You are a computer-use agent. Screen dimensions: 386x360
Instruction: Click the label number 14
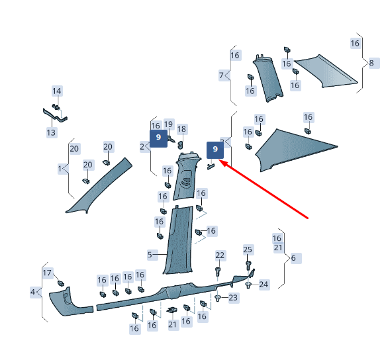pos(57,91)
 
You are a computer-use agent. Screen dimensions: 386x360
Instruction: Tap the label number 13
pos(52,132)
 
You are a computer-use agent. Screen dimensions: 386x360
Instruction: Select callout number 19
pos(169,124)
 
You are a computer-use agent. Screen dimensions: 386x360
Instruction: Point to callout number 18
pos(182,129)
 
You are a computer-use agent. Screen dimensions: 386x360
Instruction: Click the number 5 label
pos(150,255)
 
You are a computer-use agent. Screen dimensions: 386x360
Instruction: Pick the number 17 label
pos(47,273)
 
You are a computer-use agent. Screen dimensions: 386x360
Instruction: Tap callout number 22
pos(220,255)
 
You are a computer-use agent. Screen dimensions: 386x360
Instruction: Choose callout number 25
pos(248,249)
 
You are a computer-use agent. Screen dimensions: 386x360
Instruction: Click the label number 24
pos(264,285)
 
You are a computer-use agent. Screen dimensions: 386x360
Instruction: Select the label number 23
pos(233,298)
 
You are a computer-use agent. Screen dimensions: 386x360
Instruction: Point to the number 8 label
pos(371,63)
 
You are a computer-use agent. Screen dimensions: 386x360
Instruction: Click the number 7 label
pos(221,75)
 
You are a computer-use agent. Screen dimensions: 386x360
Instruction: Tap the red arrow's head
pos(222,163)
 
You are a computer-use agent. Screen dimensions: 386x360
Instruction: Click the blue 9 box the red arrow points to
pos(215,150)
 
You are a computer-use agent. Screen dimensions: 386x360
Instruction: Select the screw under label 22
pos(218,272)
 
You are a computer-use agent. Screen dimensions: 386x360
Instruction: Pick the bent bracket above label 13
pos(55,115)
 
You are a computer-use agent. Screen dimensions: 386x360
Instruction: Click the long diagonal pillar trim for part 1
pos(99,186)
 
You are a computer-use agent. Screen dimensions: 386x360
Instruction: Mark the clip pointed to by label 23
pos(218,298)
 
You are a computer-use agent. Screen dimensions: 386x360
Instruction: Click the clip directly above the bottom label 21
pos(172,310)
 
